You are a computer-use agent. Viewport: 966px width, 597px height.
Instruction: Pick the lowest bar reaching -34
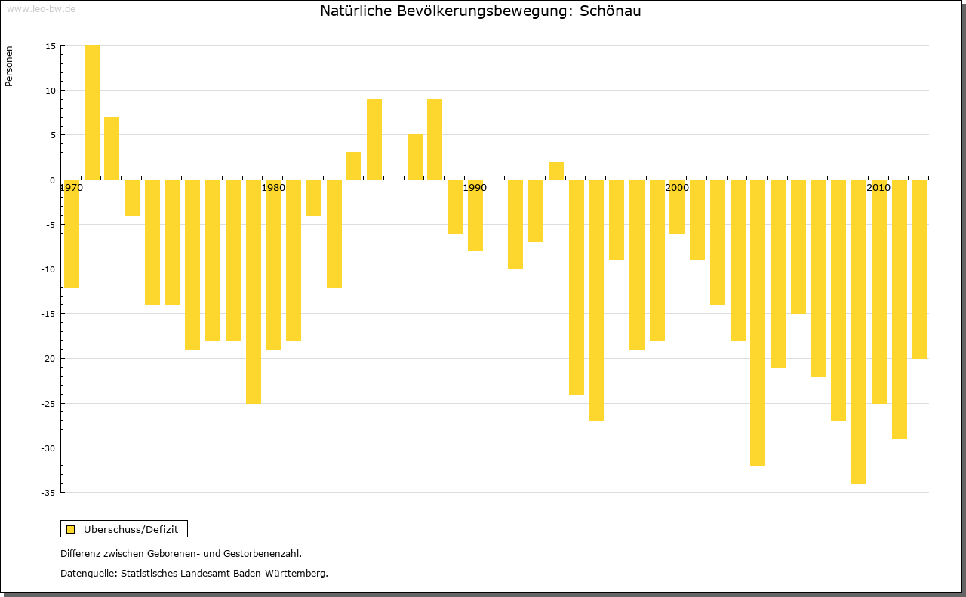click(859, 331)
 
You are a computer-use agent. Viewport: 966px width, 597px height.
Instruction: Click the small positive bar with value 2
click(556, 171)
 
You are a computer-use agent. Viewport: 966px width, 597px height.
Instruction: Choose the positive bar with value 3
click(354, 166)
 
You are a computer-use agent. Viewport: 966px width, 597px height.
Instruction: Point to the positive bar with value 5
click(415, 157)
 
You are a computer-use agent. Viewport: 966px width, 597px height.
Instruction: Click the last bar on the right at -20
click(919, 269)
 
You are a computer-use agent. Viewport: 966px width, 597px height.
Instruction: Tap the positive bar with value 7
click(112, 148)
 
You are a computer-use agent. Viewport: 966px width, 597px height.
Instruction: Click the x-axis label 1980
click(273, 188)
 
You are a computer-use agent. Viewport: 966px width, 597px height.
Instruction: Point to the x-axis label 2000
click(677, 188)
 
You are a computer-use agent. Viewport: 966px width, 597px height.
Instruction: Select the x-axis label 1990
click(475, 188)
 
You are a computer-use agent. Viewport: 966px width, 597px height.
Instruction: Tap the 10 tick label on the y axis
click(50, 91)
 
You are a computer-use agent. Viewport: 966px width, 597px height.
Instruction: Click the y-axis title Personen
click(9, 66)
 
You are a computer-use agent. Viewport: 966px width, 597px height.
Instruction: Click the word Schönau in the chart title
click(611, 11)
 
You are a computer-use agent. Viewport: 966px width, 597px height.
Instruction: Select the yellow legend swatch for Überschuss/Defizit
click(70, 529)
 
